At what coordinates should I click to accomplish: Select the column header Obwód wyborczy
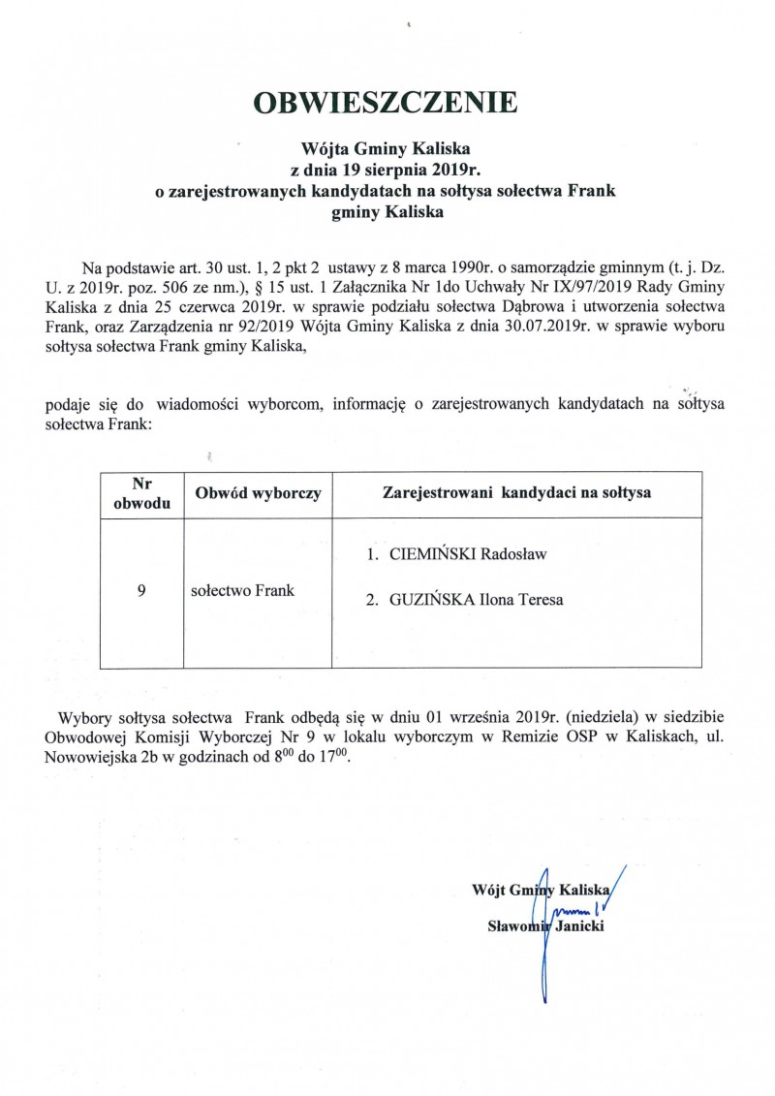tap(258, 494)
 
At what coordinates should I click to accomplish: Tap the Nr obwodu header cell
tap(142, 494)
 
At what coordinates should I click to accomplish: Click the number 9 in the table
tap(142, 589)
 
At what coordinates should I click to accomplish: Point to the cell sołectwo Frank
tap(243, 589)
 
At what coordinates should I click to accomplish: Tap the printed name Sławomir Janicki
tap(547, 927)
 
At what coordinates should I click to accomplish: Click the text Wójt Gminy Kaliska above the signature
tap(540, 889)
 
